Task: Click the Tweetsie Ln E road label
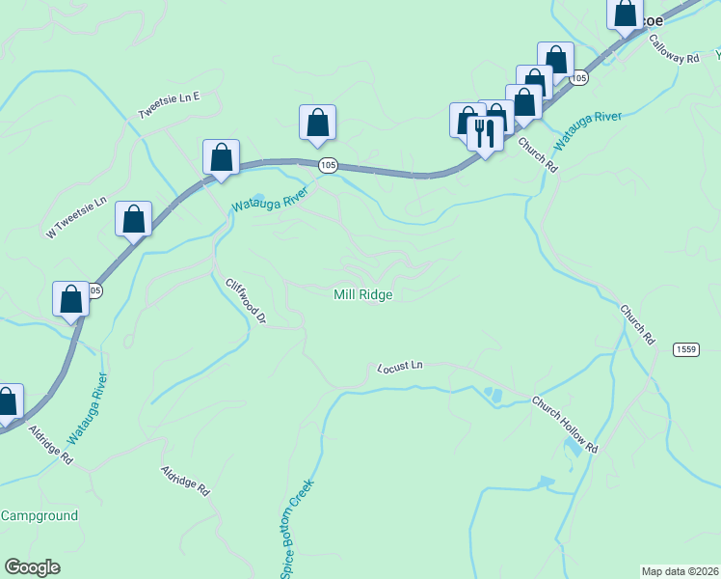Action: (x=169, y=105)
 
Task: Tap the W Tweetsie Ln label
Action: (x=75, y=218)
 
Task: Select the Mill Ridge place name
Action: (x=362, y=294)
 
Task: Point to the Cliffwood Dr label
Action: (x=245, y=301)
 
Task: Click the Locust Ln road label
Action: (x=400, y=367)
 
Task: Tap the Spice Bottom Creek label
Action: (x=298, y=532)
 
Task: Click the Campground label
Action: (x=39, y=515)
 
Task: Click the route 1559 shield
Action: (x=686, y=348)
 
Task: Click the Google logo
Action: (x=33, y=567)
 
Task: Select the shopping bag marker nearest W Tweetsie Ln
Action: (x=133, y=219)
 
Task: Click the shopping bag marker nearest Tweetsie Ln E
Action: (x=221, y=157)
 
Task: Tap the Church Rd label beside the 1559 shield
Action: (x=637, y=326)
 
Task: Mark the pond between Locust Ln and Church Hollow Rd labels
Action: (x=494, y=394)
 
